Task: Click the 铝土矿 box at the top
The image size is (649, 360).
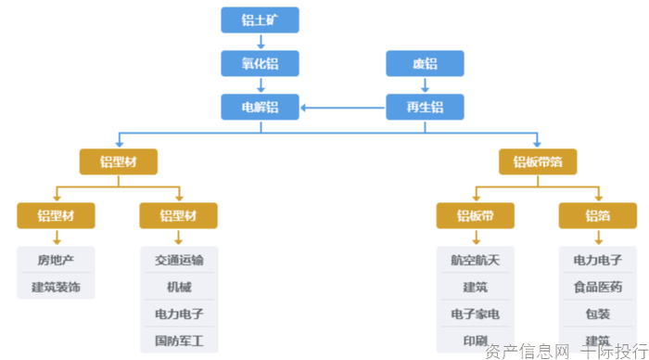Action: tap(260, 19)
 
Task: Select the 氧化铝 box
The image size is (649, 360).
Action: tap(260, 63)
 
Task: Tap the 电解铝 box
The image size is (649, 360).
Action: tap(260, 108)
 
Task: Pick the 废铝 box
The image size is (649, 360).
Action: tap(425, 63)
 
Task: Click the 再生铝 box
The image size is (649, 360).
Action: tap(425, 108)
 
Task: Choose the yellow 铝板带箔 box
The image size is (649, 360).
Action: tap(538, 162)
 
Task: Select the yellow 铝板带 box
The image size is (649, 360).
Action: tap(475, 216)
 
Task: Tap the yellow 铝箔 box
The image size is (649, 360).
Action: tap(597, 216)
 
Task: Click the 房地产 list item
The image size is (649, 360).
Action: tap(56, 261)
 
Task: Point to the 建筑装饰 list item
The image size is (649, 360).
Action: tap(56, 287)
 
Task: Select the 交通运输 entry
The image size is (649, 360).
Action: tap(178, 261)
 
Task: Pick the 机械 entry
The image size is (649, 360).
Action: tap(178, 287)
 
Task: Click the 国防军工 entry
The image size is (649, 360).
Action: tap(178, 341)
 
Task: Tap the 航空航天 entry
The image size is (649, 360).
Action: tap(475, 261)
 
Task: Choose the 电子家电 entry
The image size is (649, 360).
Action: tap(475, 314)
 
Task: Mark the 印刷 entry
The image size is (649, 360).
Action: tap(475, 341)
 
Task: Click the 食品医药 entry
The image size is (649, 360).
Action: tap(597, 287)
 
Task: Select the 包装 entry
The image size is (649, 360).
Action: tap(597, 314)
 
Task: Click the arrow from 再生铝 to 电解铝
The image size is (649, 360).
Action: tap(343, 108)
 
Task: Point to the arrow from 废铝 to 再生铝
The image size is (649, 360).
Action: tap(425, 85)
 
